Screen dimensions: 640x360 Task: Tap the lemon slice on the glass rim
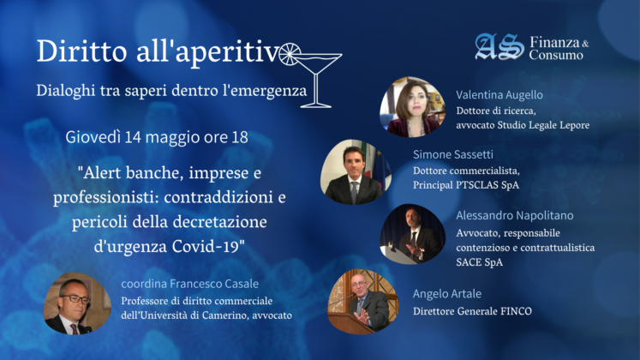coord(290,54)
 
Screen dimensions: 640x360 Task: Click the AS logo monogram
coord(499,46)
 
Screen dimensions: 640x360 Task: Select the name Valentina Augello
coord(499,94)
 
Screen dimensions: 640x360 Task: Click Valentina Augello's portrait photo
coord(413,107)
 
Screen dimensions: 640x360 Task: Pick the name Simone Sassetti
coord(452,154)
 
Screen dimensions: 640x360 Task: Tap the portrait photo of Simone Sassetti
coord(356,171)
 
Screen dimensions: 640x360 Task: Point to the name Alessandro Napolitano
coord(514,215)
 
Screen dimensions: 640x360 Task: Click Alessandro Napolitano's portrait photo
coord(413,234)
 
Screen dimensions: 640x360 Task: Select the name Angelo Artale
coord(447,293)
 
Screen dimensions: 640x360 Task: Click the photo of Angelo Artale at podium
coord(363,301)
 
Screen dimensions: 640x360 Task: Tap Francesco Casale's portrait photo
coord(77,303)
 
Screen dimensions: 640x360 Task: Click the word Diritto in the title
coord(81,51)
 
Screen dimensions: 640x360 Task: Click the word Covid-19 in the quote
coord(208,246)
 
